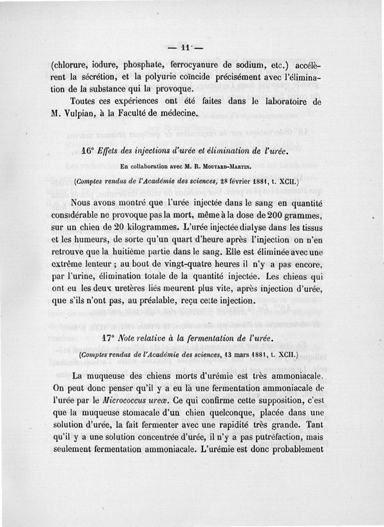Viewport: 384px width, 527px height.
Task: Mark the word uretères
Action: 140,288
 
